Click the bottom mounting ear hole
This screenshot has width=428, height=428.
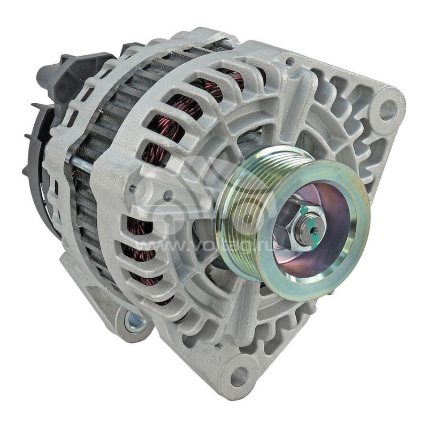point(239,376)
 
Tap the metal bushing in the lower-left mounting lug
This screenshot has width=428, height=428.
point(134,322)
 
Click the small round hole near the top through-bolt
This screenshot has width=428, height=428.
point(289,62)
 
